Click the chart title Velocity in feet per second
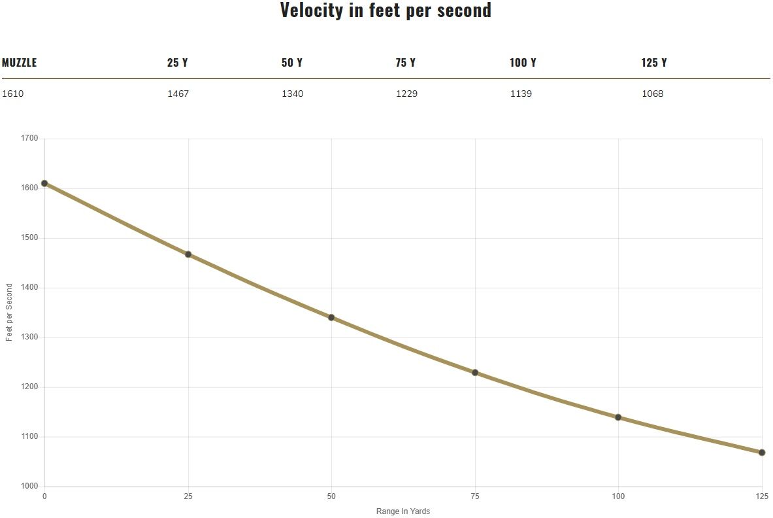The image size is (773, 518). point(386,10)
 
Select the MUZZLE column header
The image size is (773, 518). point(20,63)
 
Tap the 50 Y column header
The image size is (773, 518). point(292,63)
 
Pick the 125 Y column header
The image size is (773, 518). point(654,63)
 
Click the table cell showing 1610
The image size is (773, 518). point(13,94)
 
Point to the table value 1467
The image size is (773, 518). point(178,94)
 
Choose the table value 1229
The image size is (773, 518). point(406,94)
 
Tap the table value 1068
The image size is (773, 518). point(652,94)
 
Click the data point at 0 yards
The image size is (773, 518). point(44,184)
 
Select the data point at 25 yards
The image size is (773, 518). point(188,254)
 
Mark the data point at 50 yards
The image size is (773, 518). point(331,318)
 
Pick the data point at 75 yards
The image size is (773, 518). point(475,373)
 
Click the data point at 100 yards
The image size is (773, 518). point(618,417)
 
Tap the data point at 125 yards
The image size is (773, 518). point(762,453)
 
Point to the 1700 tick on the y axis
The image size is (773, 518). point(30,139)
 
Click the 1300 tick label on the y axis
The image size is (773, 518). point(30,337)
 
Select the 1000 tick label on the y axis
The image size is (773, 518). point(30,487)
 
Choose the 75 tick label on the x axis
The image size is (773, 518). point(475,496)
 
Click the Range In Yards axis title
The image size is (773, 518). point(403,511)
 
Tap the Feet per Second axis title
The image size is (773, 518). point(9,313)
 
